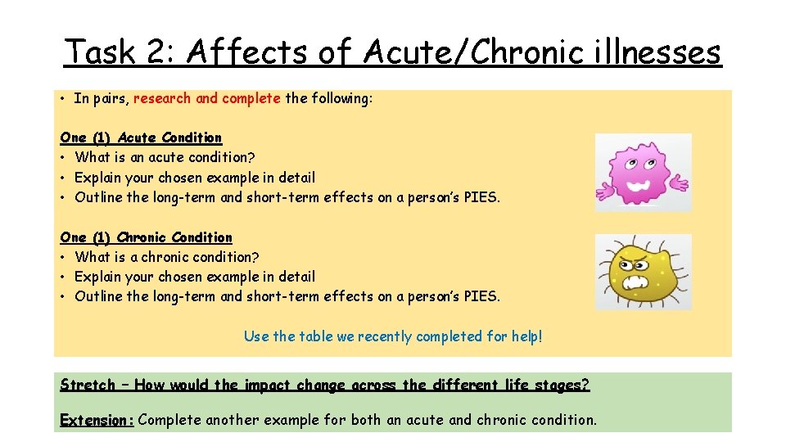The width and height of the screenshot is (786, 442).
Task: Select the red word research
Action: [163, 98]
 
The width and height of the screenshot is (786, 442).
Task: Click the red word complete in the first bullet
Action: [251, 98]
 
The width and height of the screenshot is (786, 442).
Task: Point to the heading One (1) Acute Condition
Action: [141, 138]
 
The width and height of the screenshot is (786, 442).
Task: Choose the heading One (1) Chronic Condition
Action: [146, 237]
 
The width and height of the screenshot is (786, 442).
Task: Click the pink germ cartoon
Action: [642, 172]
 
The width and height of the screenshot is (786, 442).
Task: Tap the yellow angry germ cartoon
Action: [642, 272]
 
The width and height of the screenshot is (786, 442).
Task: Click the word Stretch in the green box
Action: [88, 385]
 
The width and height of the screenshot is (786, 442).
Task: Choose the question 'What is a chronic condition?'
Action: [167, 257]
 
